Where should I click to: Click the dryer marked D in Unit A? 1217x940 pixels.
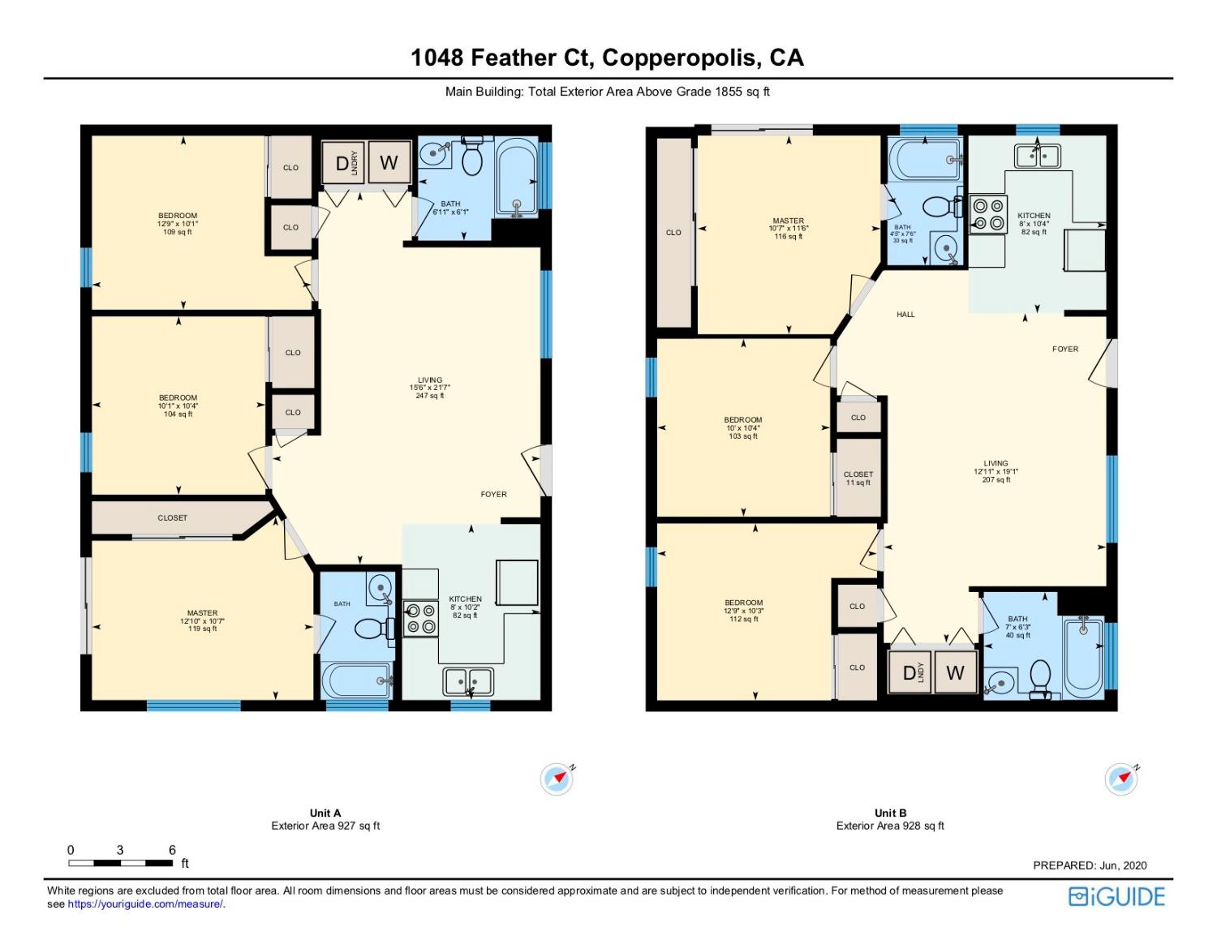click(x=342, y=164)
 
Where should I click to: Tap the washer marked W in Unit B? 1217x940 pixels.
click(x=955, y=672)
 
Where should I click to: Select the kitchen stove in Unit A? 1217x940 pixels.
click(x=420, y=619)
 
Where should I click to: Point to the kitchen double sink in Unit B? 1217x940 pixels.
click(x=1037, y=155)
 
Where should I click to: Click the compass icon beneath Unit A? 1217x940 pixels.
click(x=557, y=779)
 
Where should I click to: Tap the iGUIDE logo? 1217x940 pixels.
click(x=1116, y=896)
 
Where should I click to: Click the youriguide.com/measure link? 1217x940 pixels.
click(x=146, y=904)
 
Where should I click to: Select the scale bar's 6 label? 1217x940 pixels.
click(x=172, y=850)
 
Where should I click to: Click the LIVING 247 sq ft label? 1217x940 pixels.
click(x=430, y=388)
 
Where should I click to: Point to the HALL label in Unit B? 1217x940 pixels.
click(x=905, y=315)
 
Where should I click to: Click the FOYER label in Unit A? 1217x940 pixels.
click(x=493, y=494)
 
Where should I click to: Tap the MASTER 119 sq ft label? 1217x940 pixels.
click(x=202, y=620)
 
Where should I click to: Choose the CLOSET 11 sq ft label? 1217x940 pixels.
click(x=858, y=479)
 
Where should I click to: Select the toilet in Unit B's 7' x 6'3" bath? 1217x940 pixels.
click(x=1039, y=676)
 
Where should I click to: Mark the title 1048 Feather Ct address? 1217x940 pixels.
click(x=607, y=58)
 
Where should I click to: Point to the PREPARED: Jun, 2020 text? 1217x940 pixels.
click(x=1090, y=865)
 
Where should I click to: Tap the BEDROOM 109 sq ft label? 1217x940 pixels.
click(x=178, y=224)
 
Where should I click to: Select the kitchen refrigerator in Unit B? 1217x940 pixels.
click(x=1085, y=250)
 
